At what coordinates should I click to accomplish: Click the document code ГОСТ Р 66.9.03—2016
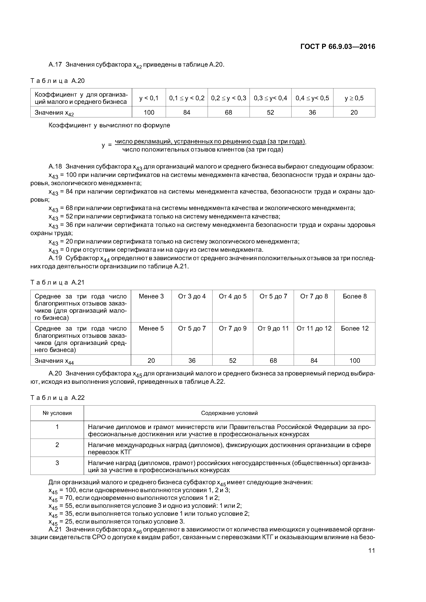click(338, 47)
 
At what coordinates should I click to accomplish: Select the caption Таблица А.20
click(58, 81)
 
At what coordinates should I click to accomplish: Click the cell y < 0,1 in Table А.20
click(149, 98)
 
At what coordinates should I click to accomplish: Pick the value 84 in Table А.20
click(187, 112)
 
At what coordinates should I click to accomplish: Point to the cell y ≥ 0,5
click(354, 98)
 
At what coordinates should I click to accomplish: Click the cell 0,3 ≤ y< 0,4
click(270, 98)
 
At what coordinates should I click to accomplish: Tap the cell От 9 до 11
click(273, 328)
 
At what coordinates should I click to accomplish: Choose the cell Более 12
click(355, 328)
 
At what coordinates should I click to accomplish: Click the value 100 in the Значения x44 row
click(355, 361)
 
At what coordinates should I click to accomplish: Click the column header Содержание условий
click(229, 413)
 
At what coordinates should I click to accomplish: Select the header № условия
click(57, 413)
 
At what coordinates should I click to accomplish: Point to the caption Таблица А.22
click(58, 398)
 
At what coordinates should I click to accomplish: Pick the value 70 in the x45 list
click(69, 498)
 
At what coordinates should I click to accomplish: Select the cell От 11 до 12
click(314, 328)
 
